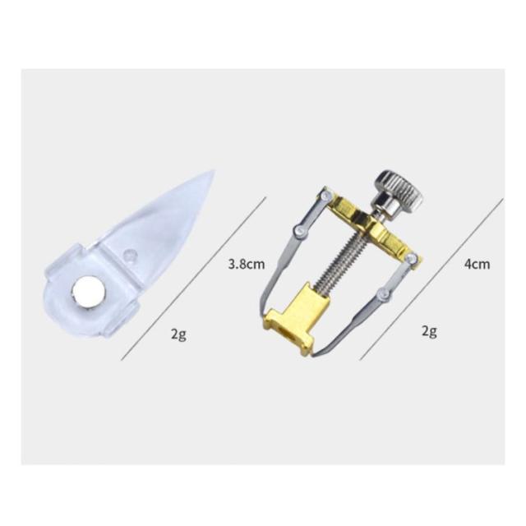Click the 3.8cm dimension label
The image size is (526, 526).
click(247, 265)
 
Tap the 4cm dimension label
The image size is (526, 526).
click(477, 264)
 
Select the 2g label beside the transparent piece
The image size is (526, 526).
click(178, 335)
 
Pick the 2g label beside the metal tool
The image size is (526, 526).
click(429, 331)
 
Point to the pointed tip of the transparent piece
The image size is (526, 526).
click(213, 172)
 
